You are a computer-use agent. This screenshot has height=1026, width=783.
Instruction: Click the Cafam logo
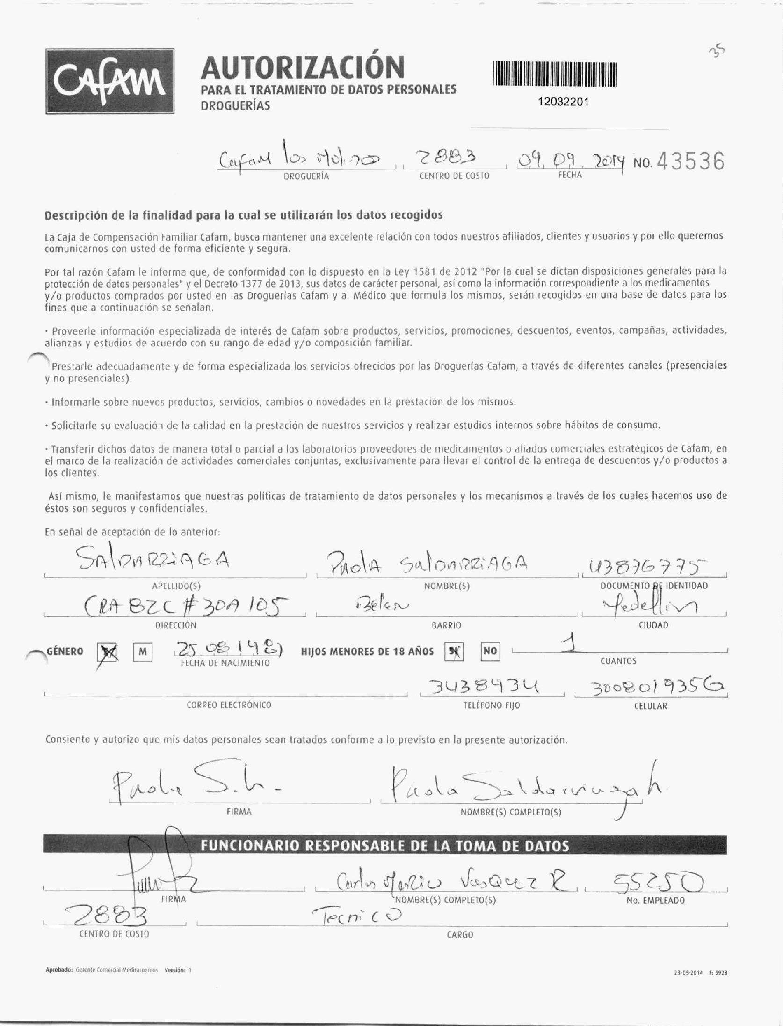tap(110, 81)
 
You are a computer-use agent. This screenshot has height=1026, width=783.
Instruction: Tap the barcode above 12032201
tap(555, 74)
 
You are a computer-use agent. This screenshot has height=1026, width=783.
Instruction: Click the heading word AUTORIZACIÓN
tap(303, 66)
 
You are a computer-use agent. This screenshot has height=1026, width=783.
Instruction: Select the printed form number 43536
tap(690, 161)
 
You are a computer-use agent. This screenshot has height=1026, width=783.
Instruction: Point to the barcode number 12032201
tap(563, 102)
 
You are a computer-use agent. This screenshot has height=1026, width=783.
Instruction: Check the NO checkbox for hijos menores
tap(490, 651)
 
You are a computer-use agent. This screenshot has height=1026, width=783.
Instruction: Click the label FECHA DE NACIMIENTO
tap(225, 663)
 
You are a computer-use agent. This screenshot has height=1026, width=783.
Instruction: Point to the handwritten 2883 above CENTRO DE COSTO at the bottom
tap(107, 915)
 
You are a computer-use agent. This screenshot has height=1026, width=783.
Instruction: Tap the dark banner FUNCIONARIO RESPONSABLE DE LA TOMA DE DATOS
tap(385, 846)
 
